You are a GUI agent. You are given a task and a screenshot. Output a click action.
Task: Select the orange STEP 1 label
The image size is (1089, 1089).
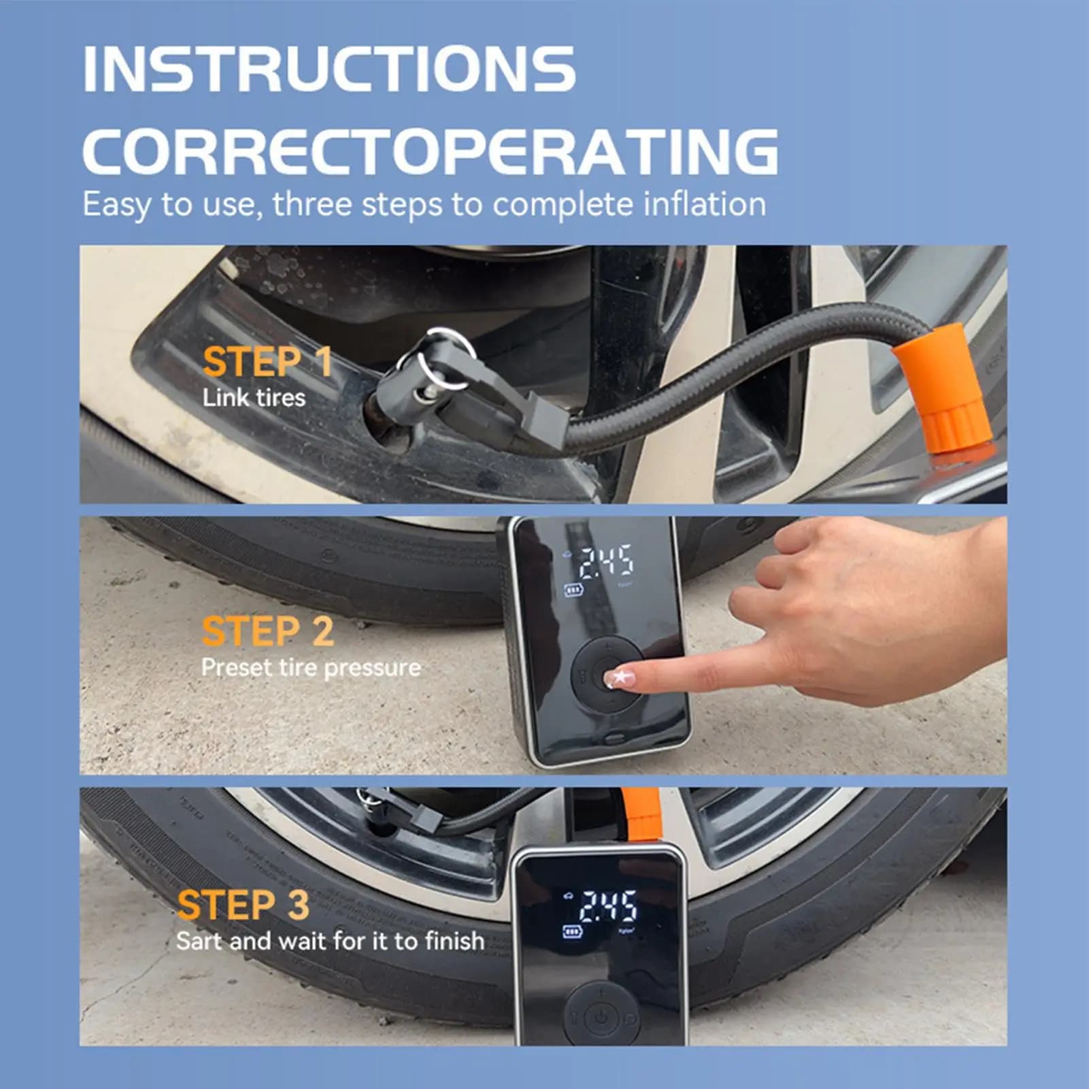267,361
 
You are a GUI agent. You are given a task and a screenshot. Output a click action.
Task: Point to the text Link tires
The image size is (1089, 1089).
254,397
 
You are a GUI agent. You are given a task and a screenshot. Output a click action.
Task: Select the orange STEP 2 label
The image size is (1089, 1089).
268,631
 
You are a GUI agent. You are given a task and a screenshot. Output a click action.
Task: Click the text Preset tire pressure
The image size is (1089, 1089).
311,668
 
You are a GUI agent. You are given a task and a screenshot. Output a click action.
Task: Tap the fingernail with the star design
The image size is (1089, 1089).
620,677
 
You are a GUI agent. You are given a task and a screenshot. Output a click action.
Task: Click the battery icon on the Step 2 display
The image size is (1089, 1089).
573,590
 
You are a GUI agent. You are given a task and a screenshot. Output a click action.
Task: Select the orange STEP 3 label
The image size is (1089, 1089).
243,905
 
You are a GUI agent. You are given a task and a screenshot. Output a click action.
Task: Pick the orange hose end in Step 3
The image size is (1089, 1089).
641,814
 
